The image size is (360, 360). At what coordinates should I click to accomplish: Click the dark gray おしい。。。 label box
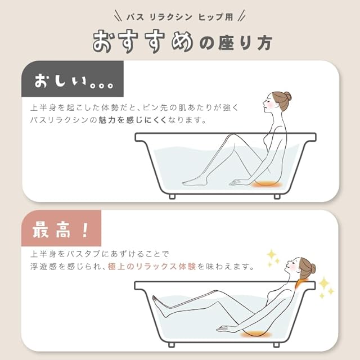[73, 79]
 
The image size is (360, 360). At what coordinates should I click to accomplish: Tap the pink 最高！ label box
[61, 228]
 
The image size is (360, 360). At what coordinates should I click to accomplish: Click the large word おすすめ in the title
[143, 42]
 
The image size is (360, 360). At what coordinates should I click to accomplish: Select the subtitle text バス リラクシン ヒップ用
[180, 17]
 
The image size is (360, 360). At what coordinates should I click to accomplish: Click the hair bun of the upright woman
[287, 96]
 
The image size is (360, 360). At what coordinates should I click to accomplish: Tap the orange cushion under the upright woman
[266, 184]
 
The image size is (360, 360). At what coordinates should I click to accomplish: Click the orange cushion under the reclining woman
[255, 334]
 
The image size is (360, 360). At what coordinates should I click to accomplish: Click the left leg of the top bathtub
[172, 196]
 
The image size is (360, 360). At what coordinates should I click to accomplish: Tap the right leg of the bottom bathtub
[276, 345]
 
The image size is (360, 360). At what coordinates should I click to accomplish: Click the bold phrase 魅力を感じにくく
[132, 120]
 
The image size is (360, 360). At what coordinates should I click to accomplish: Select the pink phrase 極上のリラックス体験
[152, 266]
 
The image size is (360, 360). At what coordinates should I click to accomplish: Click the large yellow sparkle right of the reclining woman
[324, 283]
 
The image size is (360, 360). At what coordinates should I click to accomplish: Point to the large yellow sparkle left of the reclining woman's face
[272, 254]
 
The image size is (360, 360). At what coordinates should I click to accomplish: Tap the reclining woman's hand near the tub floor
[224, 328]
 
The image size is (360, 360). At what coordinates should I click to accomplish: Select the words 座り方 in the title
[245, 43]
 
